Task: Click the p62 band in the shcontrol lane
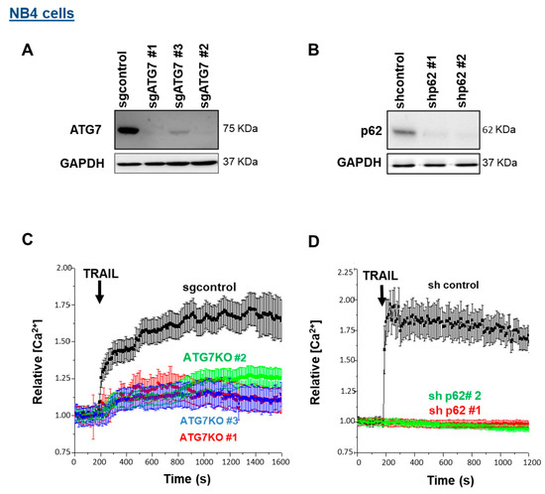point(401,129)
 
